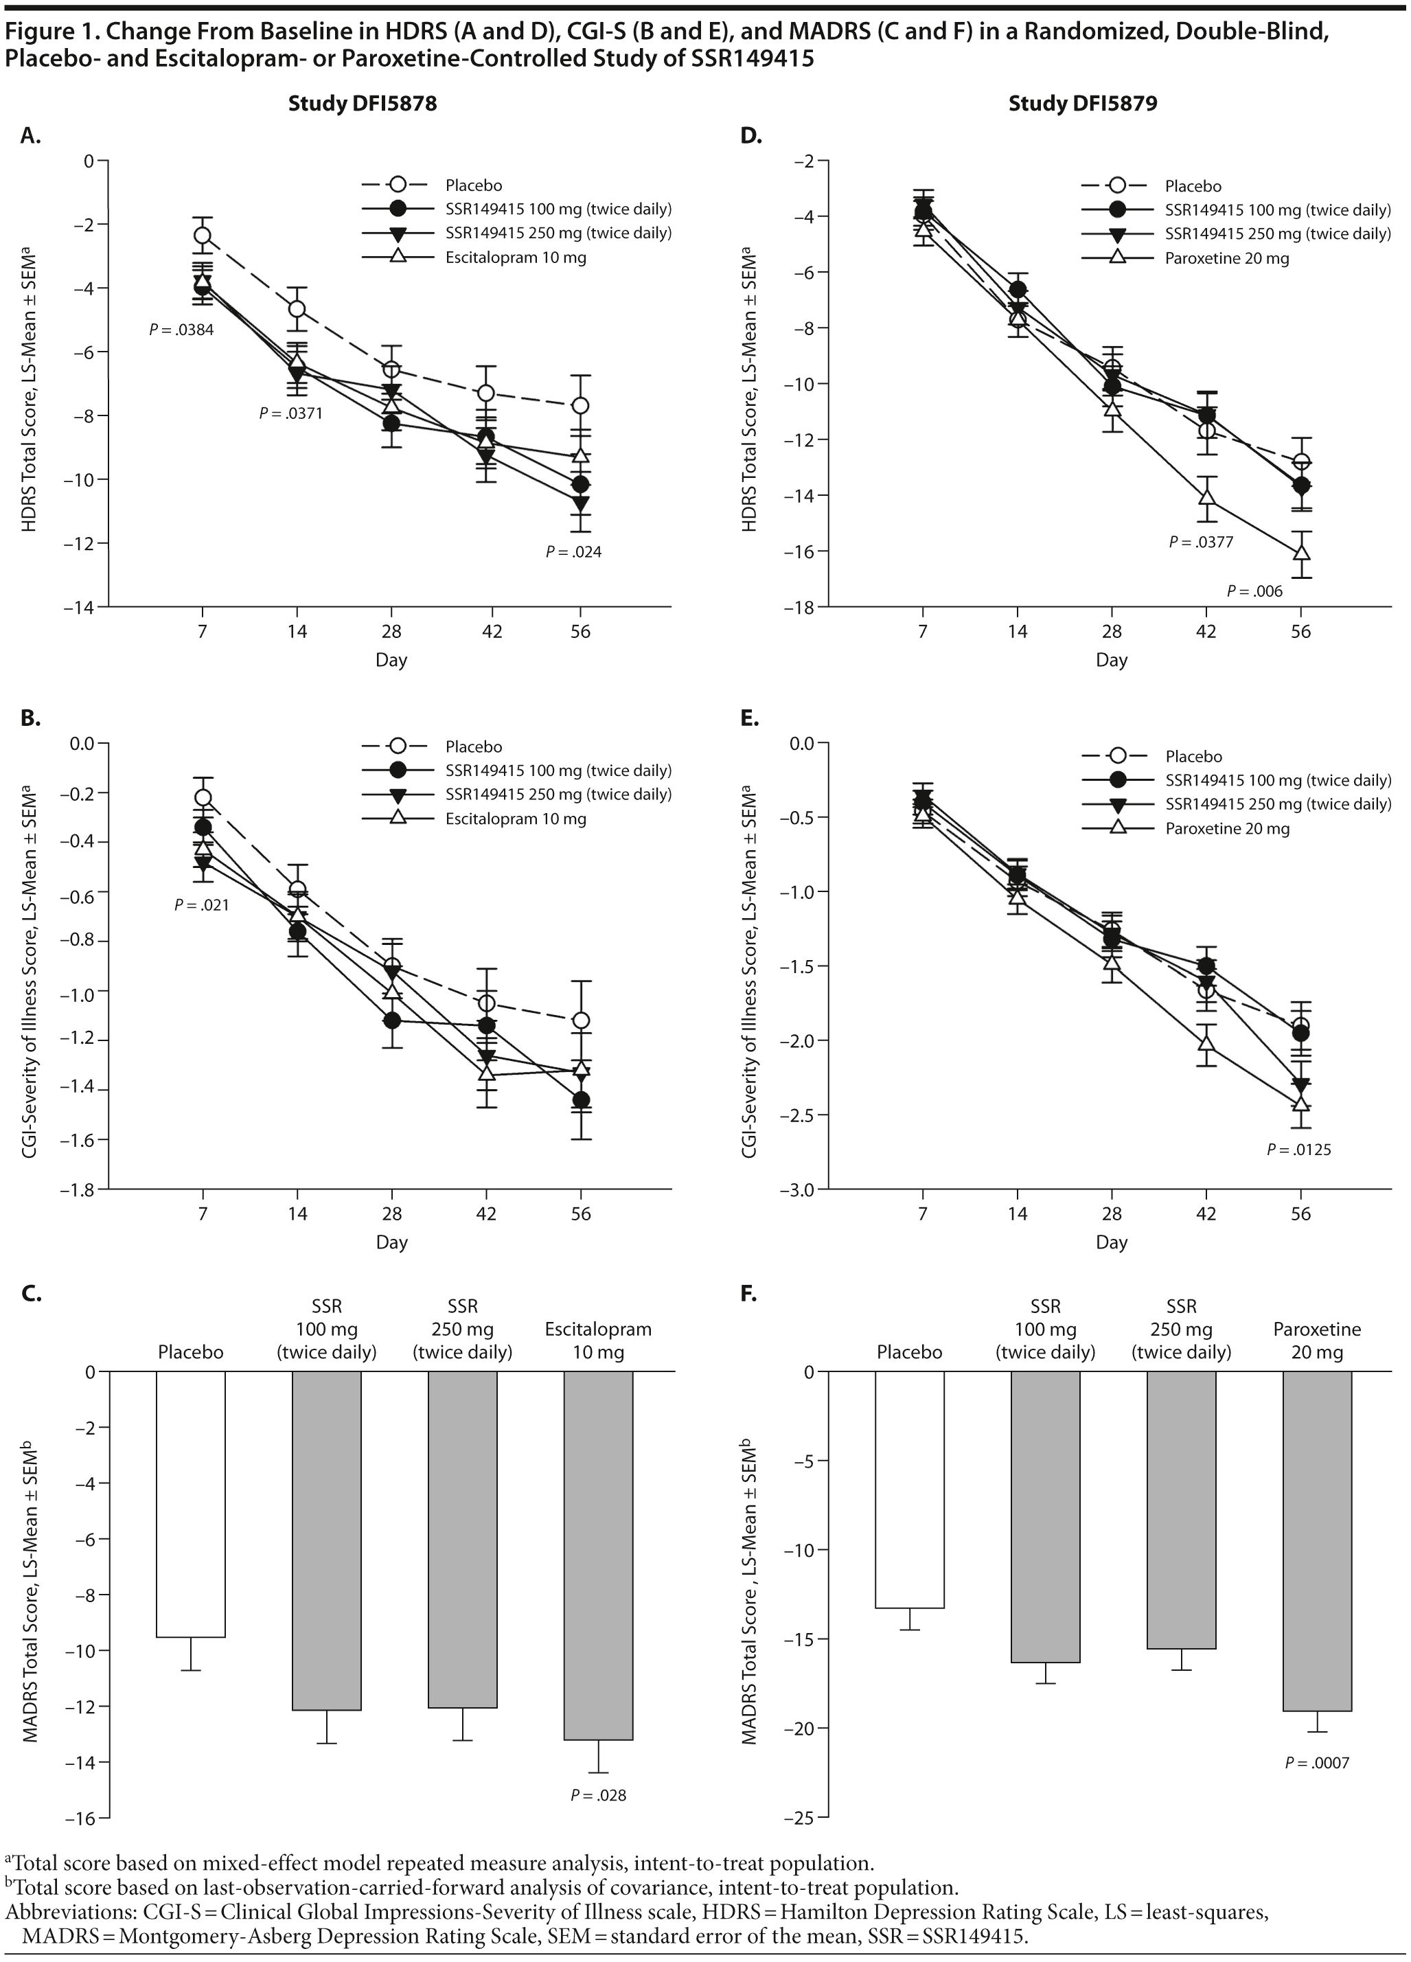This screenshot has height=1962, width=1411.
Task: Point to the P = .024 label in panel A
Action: (573, 552)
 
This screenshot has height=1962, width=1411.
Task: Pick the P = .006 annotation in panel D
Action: (1254, 592)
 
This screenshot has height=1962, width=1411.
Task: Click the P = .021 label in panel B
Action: (202, 906)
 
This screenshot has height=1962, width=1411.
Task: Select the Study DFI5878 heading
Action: (363, 104)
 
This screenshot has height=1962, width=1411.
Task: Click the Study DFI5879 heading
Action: (1082, 104)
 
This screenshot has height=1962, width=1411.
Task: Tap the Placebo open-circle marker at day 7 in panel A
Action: (203, 236)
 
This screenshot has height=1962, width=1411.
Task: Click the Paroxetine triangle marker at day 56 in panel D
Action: (1300, 552)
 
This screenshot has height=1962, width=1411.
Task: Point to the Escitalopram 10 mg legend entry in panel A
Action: (516, 258)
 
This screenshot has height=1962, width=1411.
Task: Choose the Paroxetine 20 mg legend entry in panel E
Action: (1227, 829)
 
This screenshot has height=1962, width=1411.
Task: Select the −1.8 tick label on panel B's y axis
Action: (76, 1190)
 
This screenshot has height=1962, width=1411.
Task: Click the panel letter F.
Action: (749, 1294)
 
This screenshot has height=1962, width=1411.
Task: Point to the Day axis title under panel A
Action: (391, 660)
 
